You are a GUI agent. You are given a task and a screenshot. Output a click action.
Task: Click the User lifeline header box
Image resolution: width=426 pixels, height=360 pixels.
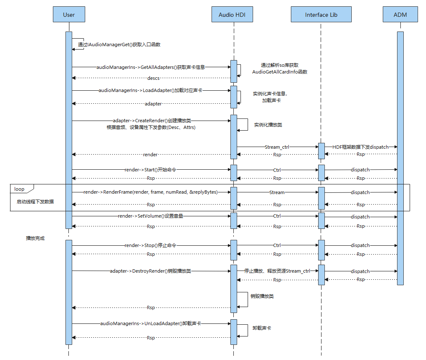pyautogui.click(x=69, y=15)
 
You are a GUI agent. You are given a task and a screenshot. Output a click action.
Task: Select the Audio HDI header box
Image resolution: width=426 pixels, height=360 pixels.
pyautogui.click(x=232, y=15)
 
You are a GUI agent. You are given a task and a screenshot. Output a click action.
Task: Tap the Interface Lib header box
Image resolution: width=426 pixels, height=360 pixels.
pyautogui.click(x=321, y=15)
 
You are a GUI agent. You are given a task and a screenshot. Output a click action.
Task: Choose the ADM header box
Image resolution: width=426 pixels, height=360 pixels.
pyautogui.click(x=400, y=15)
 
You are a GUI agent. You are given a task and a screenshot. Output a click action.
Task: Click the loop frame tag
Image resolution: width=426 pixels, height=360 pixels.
pyautogui.click(x=19, y=189)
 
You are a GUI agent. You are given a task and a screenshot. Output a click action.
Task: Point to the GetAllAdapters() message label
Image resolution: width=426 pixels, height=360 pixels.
pyautogui.click(x=151, y=67)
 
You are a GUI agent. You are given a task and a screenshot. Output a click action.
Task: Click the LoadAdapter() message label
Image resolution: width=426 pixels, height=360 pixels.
pyautogui.click(x=150, y=90)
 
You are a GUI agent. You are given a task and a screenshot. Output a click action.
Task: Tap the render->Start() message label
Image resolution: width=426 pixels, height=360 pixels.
pyautogui.click(x=152, y=170)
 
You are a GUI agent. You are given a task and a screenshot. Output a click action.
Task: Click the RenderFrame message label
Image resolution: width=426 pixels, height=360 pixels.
pyautogui.click(x=151, y=192)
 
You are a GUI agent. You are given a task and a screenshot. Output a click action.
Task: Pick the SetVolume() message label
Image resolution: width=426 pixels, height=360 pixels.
pyautogui.click(x=151, y=216)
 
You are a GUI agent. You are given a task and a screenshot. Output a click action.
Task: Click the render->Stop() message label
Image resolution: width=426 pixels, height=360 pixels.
pyautogui.click(x=150, y=245)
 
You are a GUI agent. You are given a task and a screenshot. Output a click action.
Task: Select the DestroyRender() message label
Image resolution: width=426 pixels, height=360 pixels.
pyautogui.click(x=150, y=271)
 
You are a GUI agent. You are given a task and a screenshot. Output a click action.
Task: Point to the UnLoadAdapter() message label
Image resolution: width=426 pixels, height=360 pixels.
pyautogui.click(x=150, y=324)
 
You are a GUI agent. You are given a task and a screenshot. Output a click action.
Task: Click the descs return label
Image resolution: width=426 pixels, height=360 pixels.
pyautogui.click(x=153, y=78)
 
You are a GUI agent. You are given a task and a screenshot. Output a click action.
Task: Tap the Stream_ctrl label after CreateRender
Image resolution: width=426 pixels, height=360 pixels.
pyautogui.click(x=277, y=147)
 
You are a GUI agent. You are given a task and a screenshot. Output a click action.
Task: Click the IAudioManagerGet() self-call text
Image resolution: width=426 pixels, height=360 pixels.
pyautogui.click(x=119, y=45)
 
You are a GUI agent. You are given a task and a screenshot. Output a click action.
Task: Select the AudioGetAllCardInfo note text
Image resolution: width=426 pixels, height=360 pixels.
pyautogui.click(x=280, y=72)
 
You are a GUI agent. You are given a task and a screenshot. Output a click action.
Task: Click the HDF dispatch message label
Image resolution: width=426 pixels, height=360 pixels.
pyautogui.click(x=361, y=147)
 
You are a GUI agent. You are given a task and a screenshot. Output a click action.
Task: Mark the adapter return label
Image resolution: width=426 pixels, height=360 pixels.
pyautogui.click(x=153, y=103)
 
